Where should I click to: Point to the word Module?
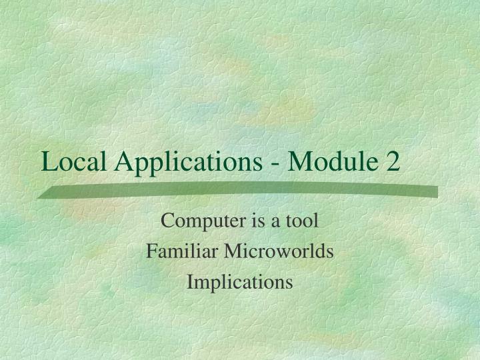[x=326, y=162]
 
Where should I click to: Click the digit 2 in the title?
[x=392, y=162]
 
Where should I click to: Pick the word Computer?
[x=193, y=221]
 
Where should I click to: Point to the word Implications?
[x=240, y=283]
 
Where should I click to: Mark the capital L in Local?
[x=48, y=162]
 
